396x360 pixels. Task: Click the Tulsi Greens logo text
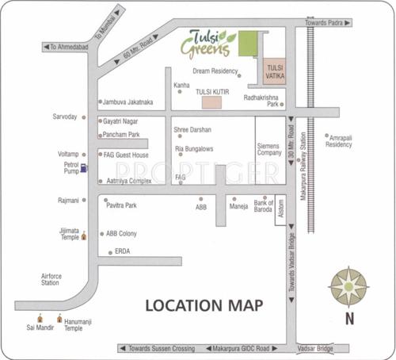coord(208,43)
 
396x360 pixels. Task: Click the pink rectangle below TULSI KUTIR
coord(211,102)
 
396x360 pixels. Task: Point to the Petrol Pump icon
coord(85,167)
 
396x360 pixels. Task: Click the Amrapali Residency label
coord(339,141)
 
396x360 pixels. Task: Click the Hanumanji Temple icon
coord(59,318)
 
